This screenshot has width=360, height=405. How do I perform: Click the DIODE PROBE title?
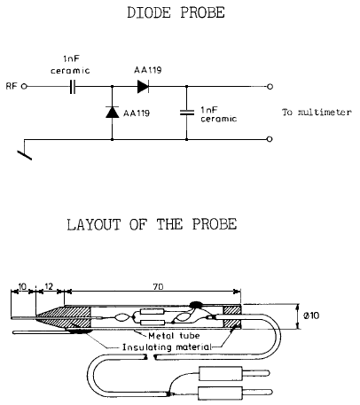click(176, 12)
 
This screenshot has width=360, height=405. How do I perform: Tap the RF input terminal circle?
click(25, 87)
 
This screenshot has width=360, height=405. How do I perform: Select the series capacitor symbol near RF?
click(73, 87)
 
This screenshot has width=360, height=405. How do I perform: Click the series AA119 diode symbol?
click(143, 87)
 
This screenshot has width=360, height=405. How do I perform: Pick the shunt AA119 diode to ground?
click(112, 113)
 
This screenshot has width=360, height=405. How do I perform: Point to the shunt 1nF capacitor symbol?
click(187, 113)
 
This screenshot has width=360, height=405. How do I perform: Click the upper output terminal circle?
click(270, 87)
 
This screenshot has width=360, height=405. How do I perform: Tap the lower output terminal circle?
click(270, 139)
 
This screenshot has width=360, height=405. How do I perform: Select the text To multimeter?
click(317, 113)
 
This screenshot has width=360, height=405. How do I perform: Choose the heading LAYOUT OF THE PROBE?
click(152, 224)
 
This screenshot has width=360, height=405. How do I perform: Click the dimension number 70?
click(159, 286)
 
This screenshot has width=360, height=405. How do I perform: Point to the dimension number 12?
click(49, 286)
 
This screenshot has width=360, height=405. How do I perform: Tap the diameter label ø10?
click(311, 315)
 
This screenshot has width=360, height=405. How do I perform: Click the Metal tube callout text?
click(174, 336)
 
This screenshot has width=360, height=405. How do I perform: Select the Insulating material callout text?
click(167, 347)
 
